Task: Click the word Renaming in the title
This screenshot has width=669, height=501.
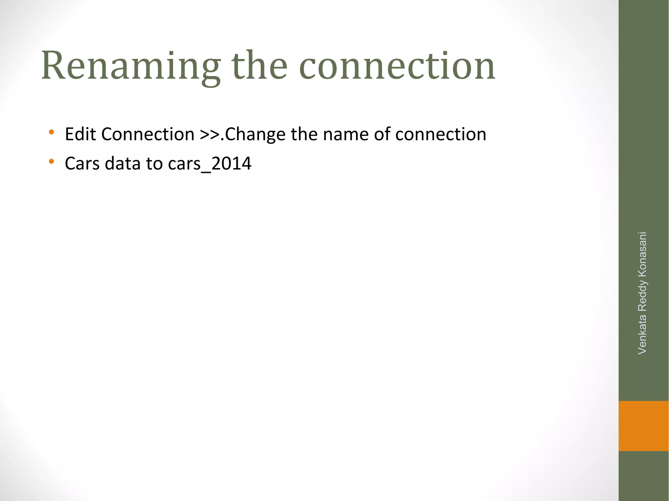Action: point(131,67)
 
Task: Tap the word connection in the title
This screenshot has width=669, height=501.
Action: point(397,67)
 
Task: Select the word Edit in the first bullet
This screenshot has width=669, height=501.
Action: point(80,134)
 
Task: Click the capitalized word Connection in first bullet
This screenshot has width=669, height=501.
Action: point(148,134)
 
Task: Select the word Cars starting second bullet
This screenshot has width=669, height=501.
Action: point(82,164)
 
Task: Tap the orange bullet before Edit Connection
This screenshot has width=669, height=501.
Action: point(51,132)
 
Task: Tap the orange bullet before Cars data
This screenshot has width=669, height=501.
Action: point(51,161)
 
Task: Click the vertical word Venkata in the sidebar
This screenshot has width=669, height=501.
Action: point(642,334)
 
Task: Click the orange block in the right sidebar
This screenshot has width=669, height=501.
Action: point(644,426)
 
